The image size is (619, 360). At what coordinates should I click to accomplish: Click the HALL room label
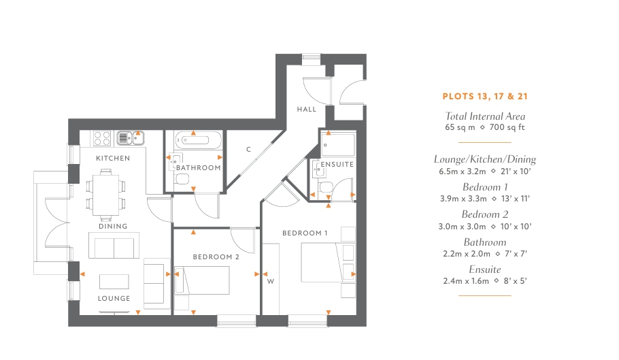307,110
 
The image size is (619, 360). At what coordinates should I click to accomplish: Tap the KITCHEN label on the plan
113,159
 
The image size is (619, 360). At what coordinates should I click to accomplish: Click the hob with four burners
102,139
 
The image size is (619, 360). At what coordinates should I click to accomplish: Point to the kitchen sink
131,138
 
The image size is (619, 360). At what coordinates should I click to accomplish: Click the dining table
105,195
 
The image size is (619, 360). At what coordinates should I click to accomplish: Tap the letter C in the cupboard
249,149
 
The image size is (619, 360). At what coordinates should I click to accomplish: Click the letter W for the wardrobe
271,282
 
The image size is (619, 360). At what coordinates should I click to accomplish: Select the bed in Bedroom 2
202,280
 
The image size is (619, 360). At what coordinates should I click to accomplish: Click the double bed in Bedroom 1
328,263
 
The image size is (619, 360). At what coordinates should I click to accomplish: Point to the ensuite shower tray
338,145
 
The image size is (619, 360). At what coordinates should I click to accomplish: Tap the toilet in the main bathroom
182,180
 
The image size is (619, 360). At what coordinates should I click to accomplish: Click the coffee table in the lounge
114,282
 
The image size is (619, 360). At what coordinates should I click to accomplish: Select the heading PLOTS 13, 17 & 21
485,97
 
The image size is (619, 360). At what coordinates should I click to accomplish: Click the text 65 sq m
460,127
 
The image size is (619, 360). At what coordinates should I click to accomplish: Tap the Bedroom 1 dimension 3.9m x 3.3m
463,199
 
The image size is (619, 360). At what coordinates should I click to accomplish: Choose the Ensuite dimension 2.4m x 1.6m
466,281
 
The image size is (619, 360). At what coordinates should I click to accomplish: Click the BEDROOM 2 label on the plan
216,257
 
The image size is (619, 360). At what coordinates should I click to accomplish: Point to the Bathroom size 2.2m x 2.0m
467,254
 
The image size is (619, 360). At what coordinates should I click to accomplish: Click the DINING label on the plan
113,226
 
